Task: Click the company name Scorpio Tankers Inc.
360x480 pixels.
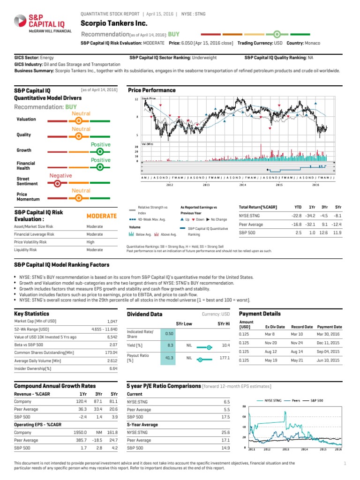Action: click(x=114, y=23)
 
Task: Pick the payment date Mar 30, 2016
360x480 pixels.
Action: click(x=330, y=334)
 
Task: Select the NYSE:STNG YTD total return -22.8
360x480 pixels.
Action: click(x=297, y=216)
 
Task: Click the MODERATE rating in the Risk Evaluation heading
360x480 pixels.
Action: click(x=101, y=216)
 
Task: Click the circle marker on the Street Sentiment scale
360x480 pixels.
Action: click(x=57, y=183)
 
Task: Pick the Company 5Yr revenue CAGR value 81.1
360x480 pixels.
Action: click(x=112, y=402)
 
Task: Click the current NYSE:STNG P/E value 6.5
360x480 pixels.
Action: click(x=226, y=402)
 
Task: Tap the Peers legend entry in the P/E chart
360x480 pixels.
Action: click(x=296, y=401)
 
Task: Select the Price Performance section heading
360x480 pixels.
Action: click(x=152, y=90)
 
